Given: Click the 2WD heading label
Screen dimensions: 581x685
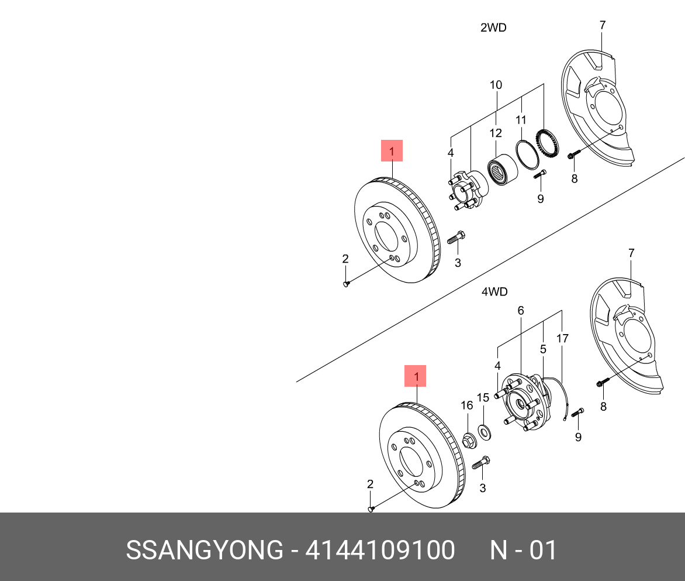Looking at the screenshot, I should click(493, 27).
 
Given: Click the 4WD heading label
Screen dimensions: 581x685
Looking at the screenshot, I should click(494, 291).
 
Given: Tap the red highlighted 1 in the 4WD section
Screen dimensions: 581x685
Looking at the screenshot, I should click(416, 376).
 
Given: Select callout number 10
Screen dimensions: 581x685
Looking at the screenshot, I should click(496, 85).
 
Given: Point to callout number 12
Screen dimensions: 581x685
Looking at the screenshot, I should click(496, 133).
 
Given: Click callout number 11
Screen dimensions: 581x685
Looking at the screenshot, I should click(521, 120).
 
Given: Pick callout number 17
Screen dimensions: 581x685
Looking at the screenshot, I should click(562, 338).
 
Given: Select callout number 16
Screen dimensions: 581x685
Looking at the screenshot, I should click(466, 405).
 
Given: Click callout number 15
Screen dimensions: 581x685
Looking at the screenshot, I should click(483, 398).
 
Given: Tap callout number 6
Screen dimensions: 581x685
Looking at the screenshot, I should click(520, 311).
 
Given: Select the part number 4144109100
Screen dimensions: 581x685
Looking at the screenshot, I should click(380, 551).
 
